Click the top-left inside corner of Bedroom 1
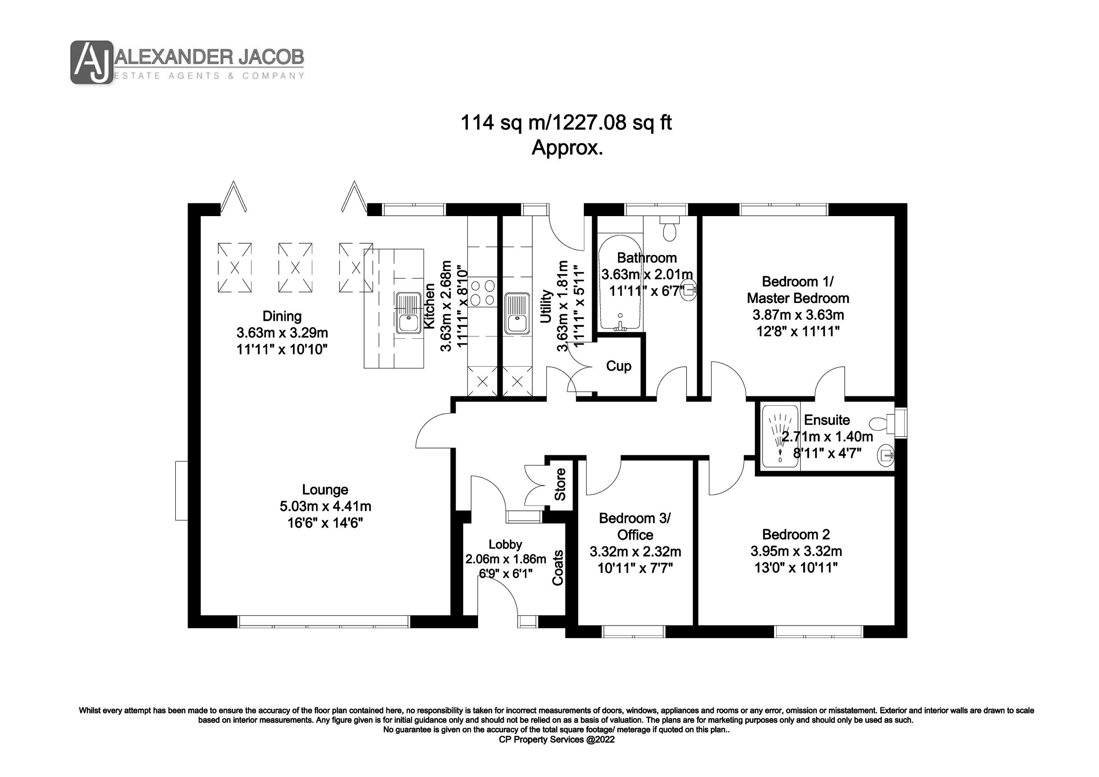pyautogui.click(x=703, y=216)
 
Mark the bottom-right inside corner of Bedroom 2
pyautogui.click(x=895, y=625)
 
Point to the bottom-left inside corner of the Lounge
pyautogui.click(x=200, y=615)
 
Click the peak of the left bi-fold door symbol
pyautogui.click(x=234, y=181)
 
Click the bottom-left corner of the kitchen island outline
pyautogui.click(x=364, y=368)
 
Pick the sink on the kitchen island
pyautogui.click(x=407, y=313)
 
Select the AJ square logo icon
pyautogui.click(x=92, y=62)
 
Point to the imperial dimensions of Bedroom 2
pyautogui.click(x=796, y=568)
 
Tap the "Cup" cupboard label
pyautogui.click(x=618, y=366)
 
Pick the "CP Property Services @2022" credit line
pyautogui.click(x=557, y=739)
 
